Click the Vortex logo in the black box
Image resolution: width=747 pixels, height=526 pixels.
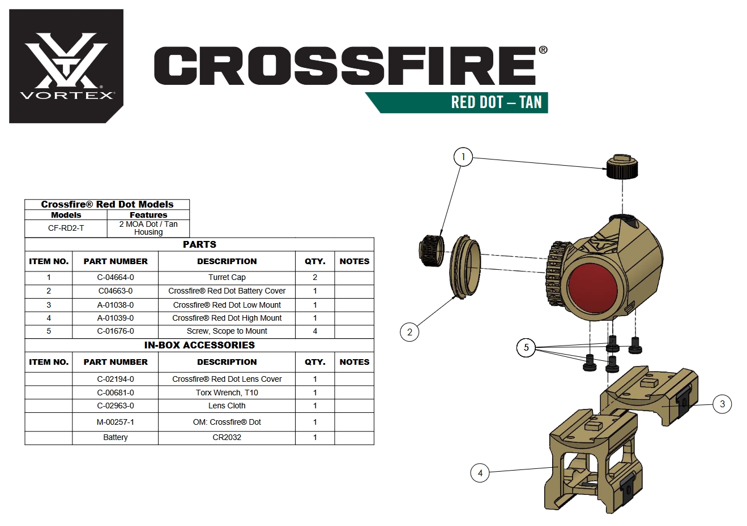pos(66,66)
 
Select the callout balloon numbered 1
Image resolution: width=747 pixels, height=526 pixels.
pos(463,157)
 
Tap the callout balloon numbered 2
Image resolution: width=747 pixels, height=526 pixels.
pos(409,332)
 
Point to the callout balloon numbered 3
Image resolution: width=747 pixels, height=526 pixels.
pos(722,404)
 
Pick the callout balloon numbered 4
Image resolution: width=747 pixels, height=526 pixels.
pos(480,473)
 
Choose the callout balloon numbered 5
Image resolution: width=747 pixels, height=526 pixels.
pos(526,347)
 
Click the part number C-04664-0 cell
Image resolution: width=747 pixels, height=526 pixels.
pos(116,277)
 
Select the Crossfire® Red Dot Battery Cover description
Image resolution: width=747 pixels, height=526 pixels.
pos(227,291)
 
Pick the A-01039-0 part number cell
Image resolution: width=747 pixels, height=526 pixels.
pos(116,318)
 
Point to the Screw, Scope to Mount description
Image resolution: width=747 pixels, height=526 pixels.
pos(227,331)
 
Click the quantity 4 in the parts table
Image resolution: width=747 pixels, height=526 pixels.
pos(315,331)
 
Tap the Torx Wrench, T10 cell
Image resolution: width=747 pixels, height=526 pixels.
pos(227,393)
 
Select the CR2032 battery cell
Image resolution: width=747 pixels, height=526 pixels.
pos(227,437)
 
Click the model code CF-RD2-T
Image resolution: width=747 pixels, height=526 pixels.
pos(66,228)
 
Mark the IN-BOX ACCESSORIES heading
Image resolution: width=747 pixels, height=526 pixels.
pos(199,345)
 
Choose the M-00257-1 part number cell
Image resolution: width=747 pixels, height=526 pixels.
pos(116,422)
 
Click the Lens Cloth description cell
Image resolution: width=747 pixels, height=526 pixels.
pos(227,406)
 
